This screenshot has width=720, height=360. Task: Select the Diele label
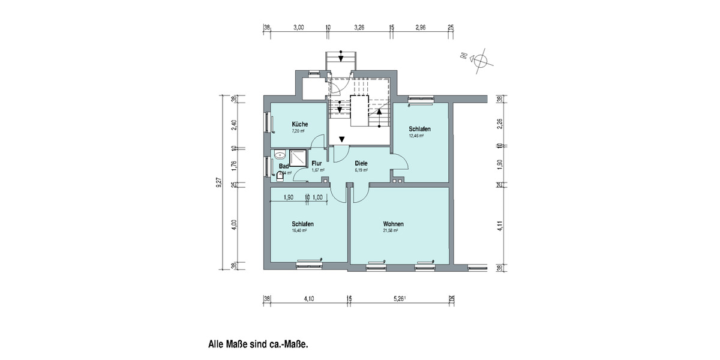[361, 163]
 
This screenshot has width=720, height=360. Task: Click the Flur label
[317, 163]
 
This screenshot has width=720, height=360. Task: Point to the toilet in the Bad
[279, 175]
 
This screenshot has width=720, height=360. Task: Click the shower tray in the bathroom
[299, 158]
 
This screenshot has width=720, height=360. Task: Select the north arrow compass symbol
[480, 59]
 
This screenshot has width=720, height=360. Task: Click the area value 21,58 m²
[392, 230]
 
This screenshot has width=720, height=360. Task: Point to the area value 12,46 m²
[416, 136]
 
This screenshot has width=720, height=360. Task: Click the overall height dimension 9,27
[219, 182]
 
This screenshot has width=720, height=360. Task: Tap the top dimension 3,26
[360, 28]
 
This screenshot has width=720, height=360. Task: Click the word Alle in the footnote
[217, 345]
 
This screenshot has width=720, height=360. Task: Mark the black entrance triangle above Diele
[341, 140]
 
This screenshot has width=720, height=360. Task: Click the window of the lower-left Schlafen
[309, 262]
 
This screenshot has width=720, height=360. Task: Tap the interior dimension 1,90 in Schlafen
[288, 197]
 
